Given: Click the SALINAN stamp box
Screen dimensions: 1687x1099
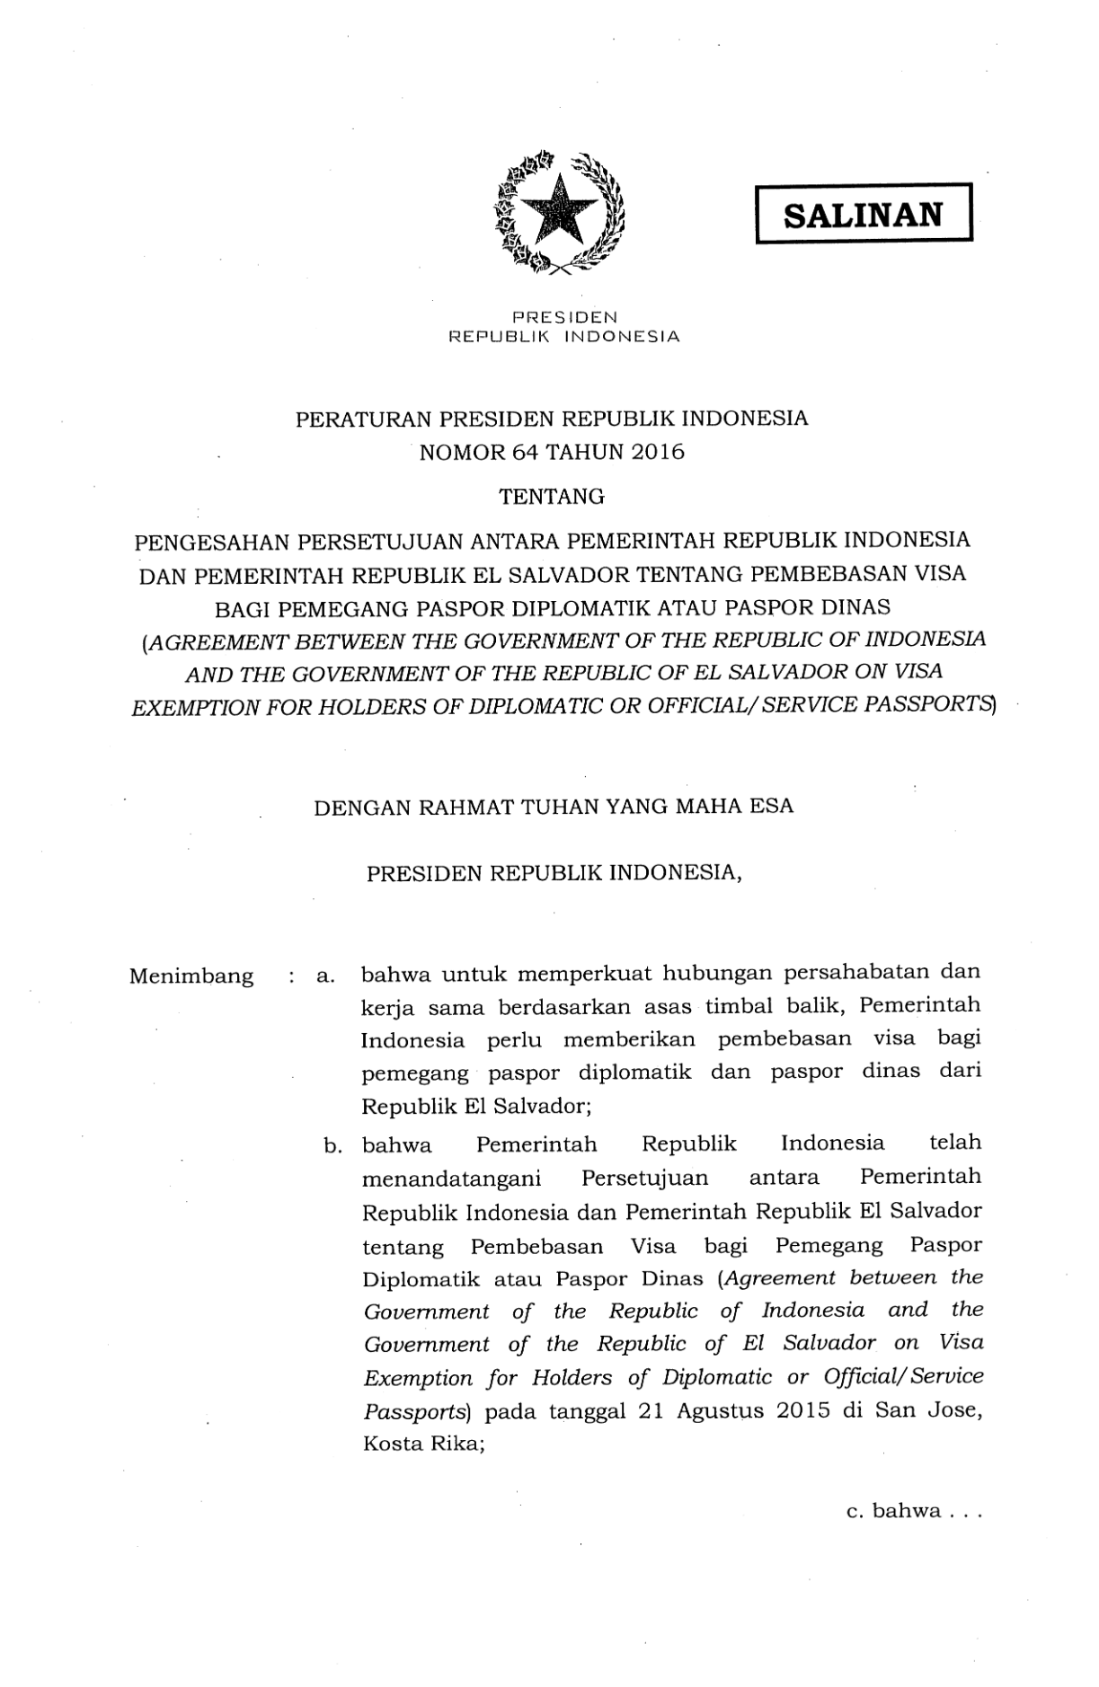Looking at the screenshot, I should [864, 214].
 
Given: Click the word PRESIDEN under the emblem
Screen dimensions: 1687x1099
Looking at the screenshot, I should [563, 317].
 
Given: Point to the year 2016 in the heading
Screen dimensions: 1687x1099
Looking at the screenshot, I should [658, 452].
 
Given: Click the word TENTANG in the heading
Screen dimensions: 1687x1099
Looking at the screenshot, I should [552, 496].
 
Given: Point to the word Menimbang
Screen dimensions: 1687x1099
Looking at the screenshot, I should [191, 976].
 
